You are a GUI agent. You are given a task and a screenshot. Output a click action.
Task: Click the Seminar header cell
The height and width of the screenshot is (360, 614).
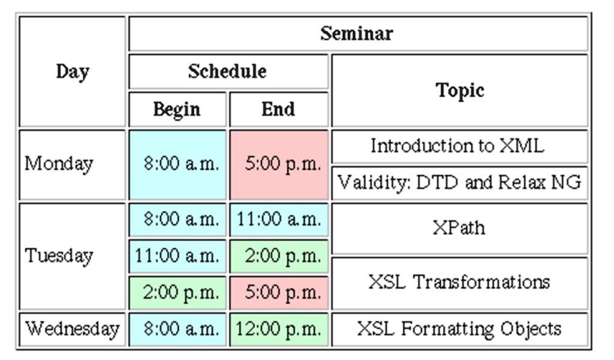(x=358, y=34)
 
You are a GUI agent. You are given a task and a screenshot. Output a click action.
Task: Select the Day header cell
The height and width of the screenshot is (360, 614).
(x=73, y=71)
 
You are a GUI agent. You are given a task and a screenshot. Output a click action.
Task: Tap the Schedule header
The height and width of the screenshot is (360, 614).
(x=228, y=71)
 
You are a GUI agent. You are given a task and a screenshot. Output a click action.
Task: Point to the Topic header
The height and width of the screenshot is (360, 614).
(x=460, y=91)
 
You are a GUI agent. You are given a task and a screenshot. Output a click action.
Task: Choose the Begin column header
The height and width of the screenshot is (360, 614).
(x=177, y=110)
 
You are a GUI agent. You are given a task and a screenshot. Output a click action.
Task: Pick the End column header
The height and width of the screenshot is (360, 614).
(x=279, y=110)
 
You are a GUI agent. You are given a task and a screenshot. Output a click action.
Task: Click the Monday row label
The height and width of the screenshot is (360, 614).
(x=73, y=165)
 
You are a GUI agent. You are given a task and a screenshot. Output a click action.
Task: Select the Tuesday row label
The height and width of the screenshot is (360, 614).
(x=73, y=256)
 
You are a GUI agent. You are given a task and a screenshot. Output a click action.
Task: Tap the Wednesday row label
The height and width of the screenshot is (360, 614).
(x=73, y=329)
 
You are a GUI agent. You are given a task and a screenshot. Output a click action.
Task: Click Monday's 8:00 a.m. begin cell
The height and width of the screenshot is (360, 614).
(x=177, y=165)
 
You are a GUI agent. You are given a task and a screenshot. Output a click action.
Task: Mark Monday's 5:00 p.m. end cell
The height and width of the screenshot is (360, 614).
(x=279, y=165)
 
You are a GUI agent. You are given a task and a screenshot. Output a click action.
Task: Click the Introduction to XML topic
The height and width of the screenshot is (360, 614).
(x=460, y=146)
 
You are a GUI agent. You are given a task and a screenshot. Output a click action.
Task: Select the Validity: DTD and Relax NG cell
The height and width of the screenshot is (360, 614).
(x=460, y=183)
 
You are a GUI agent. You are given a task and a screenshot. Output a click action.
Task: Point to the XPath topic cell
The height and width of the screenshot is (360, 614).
(x=460, y=229)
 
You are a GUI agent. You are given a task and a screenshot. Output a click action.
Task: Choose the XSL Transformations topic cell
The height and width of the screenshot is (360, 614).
(x=460, y=283)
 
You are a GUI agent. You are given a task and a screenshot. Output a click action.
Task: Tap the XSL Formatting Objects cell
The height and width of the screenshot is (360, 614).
(x=460, y=329)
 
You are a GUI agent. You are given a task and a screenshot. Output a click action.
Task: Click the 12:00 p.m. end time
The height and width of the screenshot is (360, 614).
(x=279, y=329)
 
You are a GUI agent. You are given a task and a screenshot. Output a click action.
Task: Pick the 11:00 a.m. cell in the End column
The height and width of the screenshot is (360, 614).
(x=279, y=220)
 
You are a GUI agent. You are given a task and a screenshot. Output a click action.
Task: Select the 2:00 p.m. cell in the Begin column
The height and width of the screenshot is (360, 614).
(x=177, y=293)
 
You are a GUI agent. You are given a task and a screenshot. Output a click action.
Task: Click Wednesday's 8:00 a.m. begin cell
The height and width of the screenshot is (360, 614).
(x=177, y=329)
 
